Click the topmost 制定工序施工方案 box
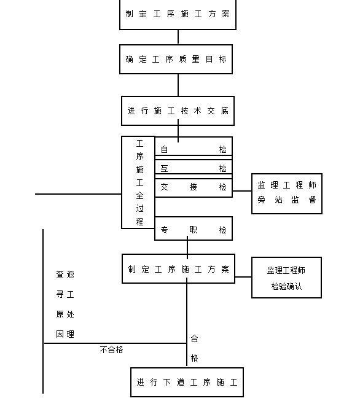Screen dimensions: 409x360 178,14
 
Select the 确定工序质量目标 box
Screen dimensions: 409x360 176,60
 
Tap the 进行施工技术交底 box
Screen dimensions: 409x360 178,111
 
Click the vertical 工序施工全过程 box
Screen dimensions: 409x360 139,182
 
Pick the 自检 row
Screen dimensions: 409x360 194,149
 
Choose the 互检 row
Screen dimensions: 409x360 194,168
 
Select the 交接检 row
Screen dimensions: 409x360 194,187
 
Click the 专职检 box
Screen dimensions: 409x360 194,230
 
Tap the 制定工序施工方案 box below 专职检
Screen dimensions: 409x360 178,269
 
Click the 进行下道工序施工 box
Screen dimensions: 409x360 187,382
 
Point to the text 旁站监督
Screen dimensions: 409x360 286,200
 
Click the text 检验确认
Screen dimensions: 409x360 286,286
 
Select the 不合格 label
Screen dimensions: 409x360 111,349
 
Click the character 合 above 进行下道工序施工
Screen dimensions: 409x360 194,338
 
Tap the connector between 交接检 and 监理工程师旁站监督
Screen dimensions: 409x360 242,188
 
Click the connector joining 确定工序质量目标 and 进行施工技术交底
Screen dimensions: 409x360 178,85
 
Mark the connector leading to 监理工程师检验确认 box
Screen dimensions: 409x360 243,277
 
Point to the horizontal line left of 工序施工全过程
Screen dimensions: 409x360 78,194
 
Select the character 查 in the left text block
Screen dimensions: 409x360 60,275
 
